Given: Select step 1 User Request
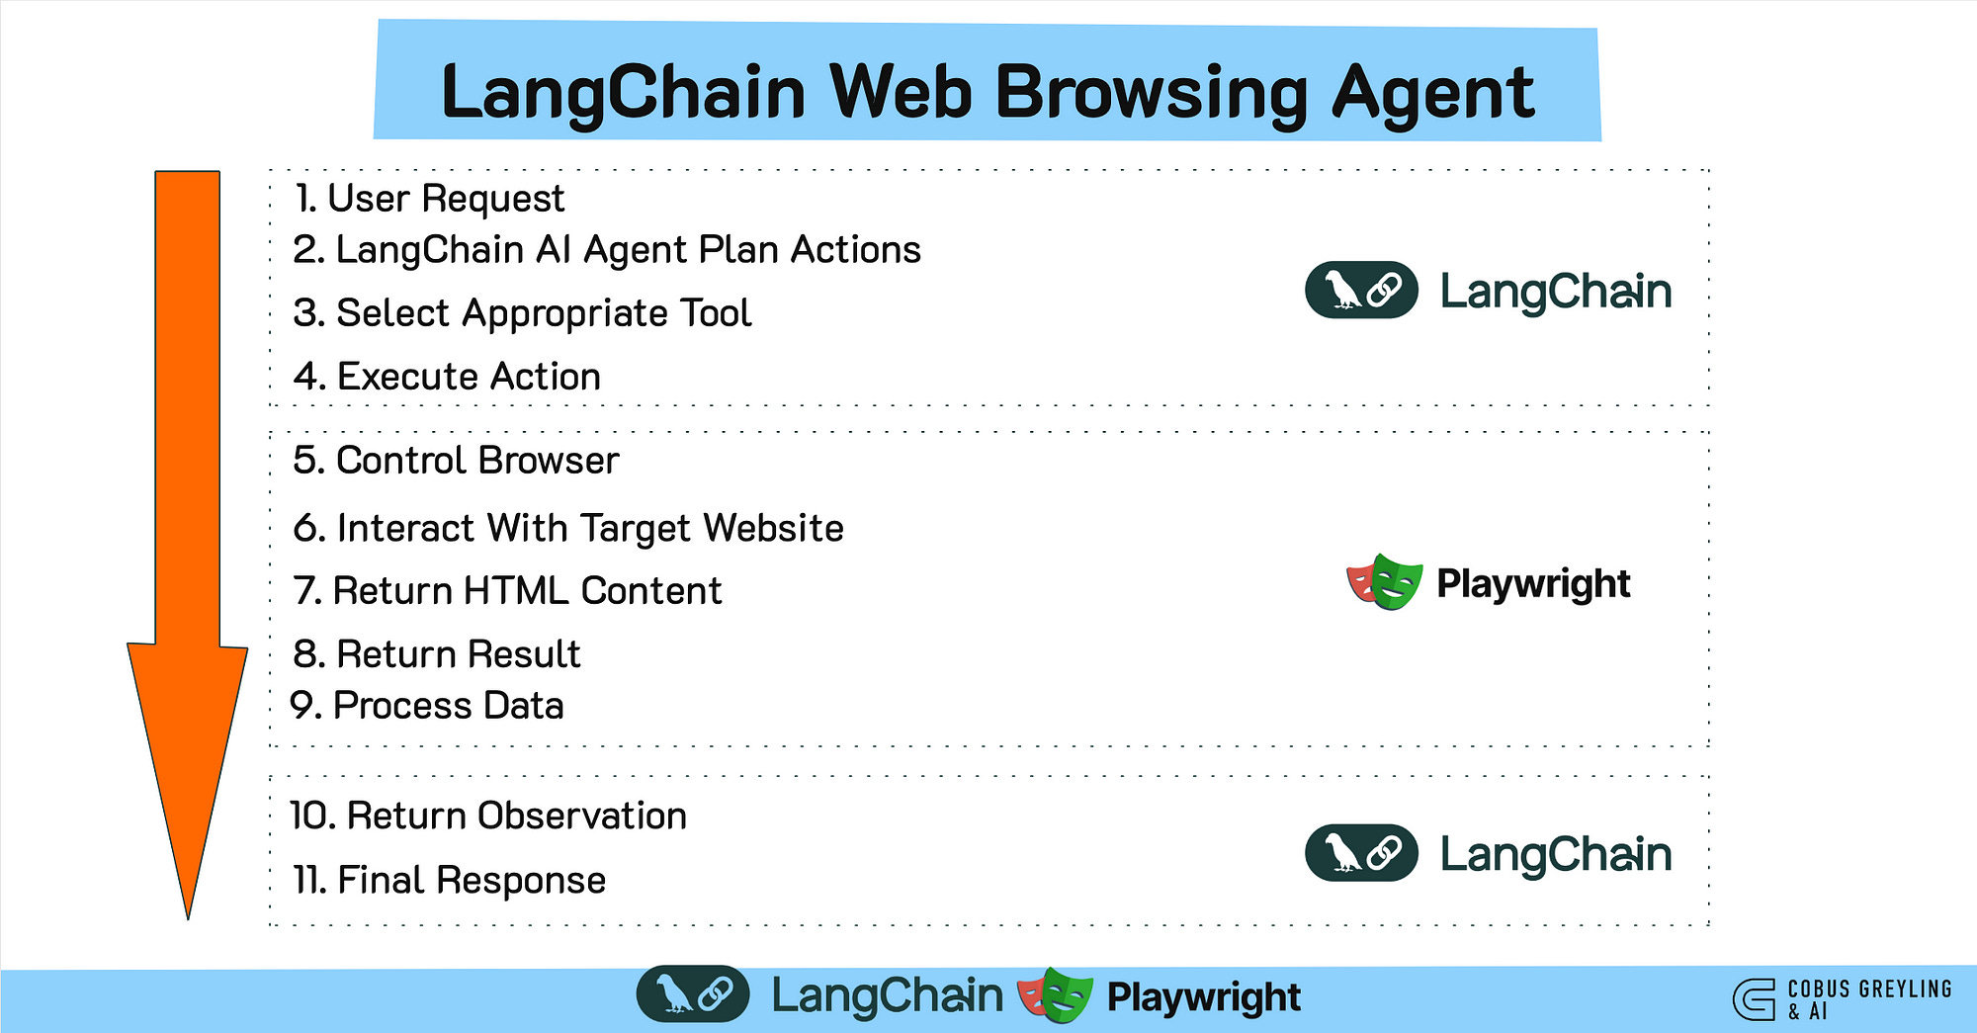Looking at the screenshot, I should pos(429,199).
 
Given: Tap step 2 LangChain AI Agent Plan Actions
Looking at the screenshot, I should pos(607,250).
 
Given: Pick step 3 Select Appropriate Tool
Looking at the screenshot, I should pos(522,313).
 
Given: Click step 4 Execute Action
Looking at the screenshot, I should pos(447,377).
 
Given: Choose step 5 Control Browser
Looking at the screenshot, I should pos(456,461).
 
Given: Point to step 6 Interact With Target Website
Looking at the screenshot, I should pos(568,528).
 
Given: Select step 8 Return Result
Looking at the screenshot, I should pos(436,654).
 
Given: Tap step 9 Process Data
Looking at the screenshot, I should pos(427,706).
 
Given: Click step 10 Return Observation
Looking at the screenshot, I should pos(488,817).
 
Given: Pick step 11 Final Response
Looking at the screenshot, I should pos(449,880).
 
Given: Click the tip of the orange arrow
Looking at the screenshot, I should pos(188,914).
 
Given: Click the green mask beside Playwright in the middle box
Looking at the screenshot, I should pos(1397,581).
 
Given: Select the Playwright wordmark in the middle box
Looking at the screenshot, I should pos(1533,584).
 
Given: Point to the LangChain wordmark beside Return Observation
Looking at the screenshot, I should pos(1555,854).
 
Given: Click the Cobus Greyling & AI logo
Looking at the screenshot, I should pos(1842,998).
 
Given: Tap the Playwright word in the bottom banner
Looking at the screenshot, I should pos(1203,997).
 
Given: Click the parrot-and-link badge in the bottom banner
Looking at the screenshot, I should pos(693,994).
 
